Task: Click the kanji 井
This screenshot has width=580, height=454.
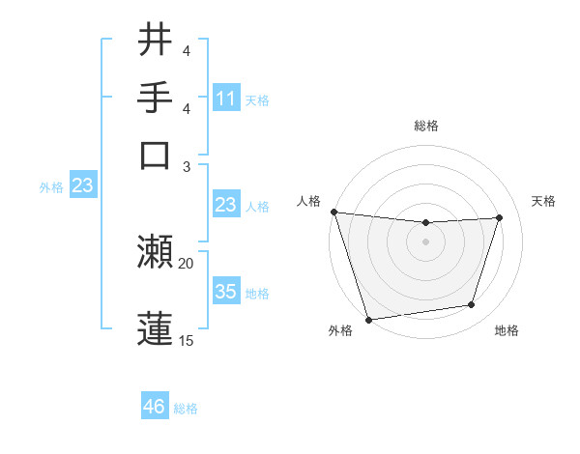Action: [156, 40]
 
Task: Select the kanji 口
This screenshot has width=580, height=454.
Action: [156, 155]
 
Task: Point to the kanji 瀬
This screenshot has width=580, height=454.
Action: [156, 252]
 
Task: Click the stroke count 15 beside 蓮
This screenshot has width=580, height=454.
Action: [186, 340]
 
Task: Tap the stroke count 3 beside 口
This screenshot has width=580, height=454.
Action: [186, 165]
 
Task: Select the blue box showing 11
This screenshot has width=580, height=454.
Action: [226, 98]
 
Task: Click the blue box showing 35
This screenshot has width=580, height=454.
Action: [226, 291]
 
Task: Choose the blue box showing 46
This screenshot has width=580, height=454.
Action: [155, 407]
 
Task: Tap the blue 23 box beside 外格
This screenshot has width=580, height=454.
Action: [82, 185]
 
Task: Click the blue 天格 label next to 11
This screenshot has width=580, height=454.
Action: [257, 99]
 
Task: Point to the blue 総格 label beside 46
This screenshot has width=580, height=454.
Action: [186, 409]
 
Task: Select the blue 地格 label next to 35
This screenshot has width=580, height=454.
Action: [257, 293]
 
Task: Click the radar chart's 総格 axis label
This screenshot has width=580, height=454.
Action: [426, 126]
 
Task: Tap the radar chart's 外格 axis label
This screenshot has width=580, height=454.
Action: [340, 330]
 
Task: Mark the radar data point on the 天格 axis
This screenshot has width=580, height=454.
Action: [500, 217]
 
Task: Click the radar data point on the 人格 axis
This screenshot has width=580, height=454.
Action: [333, 212]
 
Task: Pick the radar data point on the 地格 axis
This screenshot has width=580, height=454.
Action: [472, 305]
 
